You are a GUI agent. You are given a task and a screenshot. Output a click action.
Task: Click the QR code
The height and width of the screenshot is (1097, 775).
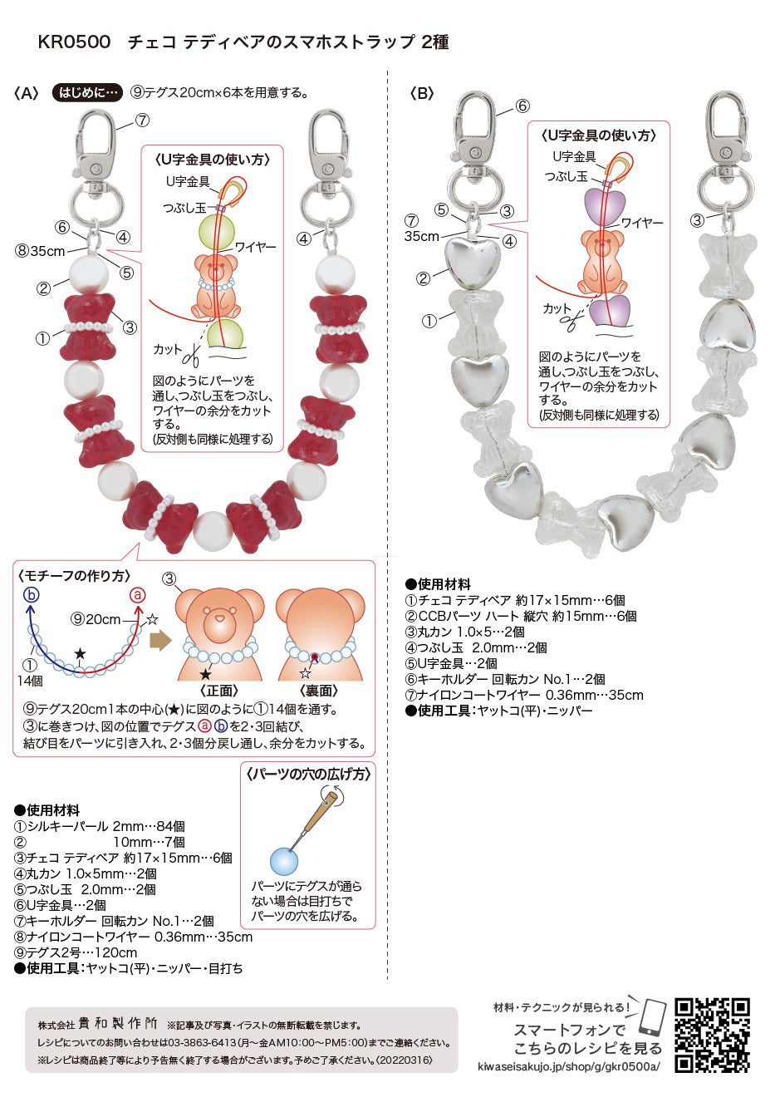point(713,1036)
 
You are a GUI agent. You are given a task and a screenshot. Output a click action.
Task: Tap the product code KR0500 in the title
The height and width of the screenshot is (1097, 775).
point(74,42)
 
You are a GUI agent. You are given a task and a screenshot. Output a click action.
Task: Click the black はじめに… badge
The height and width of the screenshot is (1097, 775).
point(87,92)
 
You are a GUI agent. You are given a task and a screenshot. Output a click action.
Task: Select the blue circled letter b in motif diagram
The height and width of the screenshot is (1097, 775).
point(31,595)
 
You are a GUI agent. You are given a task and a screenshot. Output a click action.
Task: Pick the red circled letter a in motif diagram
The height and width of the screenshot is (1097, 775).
point(138,595)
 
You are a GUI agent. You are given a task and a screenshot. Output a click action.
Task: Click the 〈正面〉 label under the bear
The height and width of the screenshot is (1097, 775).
point(219,691)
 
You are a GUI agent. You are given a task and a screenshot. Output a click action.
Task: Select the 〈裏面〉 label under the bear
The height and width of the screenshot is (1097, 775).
point(319,691)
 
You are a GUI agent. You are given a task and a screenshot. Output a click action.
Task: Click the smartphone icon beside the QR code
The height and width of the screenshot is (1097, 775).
point(654,1019)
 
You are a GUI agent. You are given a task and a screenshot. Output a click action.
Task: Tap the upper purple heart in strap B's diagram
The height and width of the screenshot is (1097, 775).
point(605,207)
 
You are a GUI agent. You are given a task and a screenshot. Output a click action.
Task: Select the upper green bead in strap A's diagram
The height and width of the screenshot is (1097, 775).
point(216,232)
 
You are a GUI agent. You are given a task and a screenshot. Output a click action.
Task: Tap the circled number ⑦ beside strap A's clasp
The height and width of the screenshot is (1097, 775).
point(142,120)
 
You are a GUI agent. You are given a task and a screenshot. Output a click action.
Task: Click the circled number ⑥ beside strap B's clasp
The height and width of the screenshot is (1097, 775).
point(522,106)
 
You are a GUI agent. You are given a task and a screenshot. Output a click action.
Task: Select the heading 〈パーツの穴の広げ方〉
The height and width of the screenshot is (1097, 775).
point(308,774)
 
